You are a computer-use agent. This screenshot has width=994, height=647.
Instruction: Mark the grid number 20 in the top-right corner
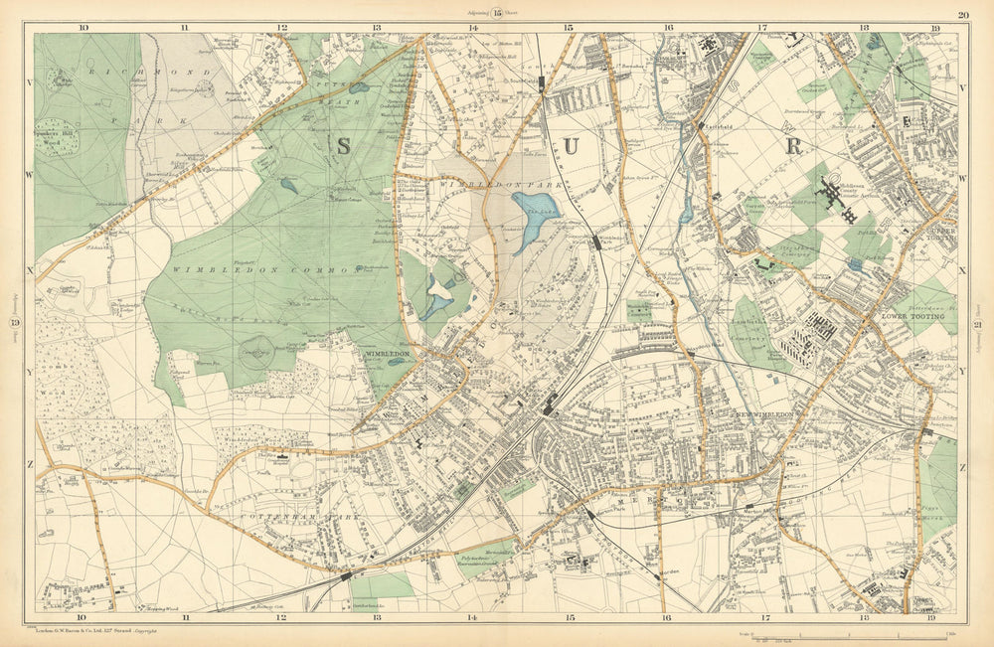click(962, 14)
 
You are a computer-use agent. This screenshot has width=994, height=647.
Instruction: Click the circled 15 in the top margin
click(498, 13)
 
